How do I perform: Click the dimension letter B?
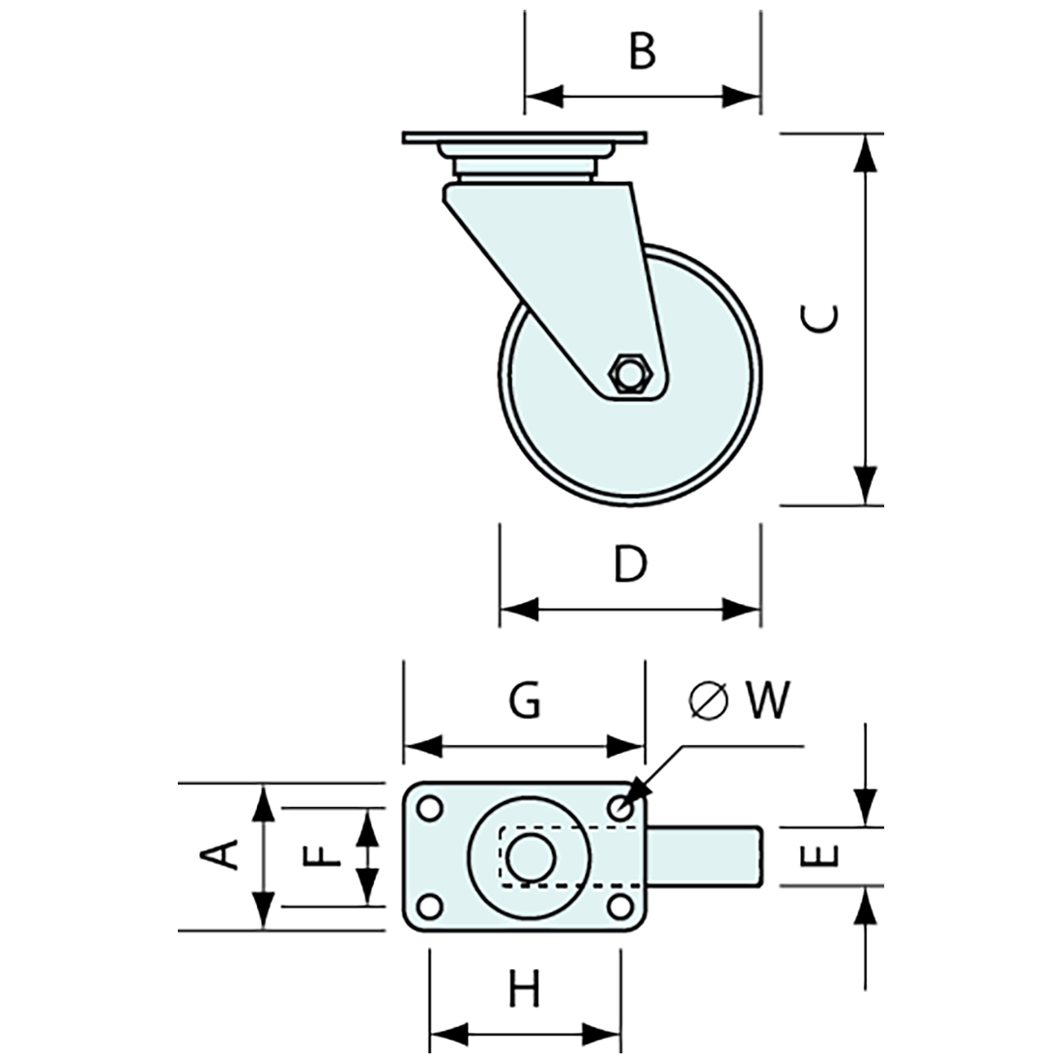point(642,51)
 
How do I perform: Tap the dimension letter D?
point(630,564)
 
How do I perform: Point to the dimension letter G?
point(525,702)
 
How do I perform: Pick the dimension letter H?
point(525,991)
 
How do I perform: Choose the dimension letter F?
point(320,855)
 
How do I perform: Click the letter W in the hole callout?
point(766,701)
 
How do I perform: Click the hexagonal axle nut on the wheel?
point(631,373)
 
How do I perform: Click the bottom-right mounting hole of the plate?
point(618,905)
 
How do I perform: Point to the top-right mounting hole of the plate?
point(619,805)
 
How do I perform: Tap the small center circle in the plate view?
point(526,856)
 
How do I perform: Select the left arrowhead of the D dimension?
point(518,609)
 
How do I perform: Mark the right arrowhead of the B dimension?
point(741,96)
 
